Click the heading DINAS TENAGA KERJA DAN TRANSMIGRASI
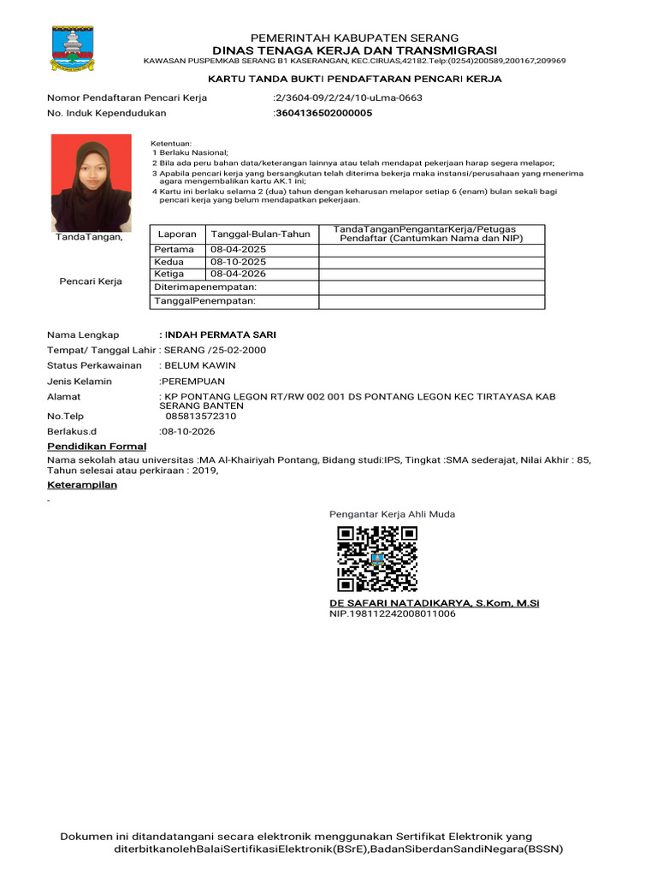(354, 50)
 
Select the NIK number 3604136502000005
(323, 113)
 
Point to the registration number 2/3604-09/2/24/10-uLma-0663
(348, 98)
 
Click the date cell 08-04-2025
(239, 249)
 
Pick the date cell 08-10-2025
(239, 261)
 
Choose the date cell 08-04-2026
(239, 274)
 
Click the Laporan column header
(177, 234)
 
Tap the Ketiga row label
(169, 274)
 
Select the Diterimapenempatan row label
(204, 287)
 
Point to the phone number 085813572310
(201, 416)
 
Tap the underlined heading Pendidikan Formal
(97, 447)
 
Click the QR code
(377, 559)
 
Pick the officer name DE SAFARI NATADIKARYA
(402, 603)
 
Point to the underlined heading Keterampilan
(82, 485)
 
